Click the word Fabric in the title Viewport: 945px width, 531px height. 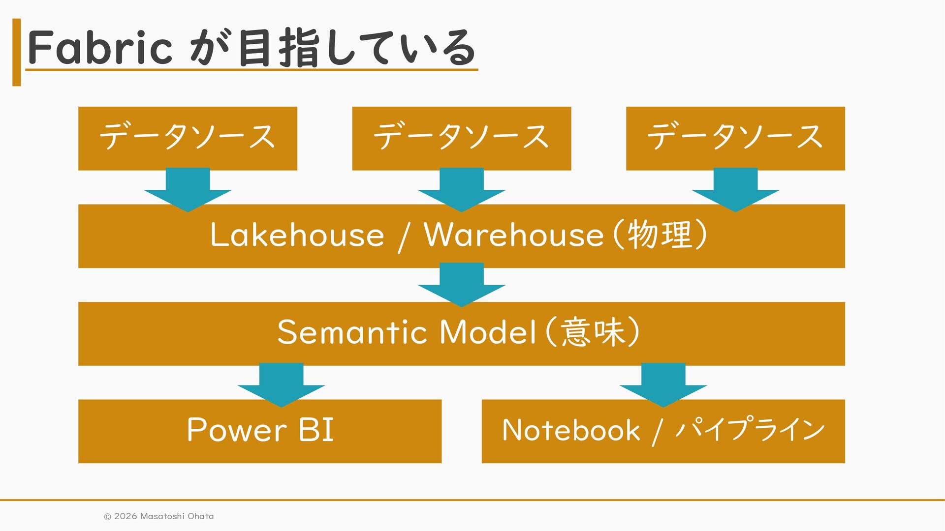(x=100, y=47)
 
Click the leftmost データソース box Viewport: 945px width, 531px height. (x=188, y=138)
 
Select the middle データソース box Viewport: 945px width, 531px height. (x=461, y=138)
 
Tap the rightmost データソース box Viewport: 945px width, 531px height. (x=735, y=138)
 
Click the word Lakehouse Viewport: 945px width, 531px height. (x=297, y=235)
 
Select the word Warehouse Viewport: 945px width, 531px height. (x=513, y=235)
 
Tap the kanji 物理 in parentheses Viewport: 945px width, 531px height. (x=660, y=235)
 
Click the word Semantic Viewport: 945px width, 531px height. (x=352, y=332)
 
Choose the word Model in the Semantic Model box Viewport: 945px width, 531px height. (x=487, y=332)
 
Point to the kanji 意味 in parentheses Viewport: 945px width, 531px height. (x=593, y=332)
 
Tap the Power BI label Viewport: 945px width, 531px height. (x=260, y=430)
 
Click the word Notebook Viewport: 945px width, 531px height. (x=571, y=430)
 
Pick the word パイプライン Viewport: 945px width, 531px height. (x=750, y=429)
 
